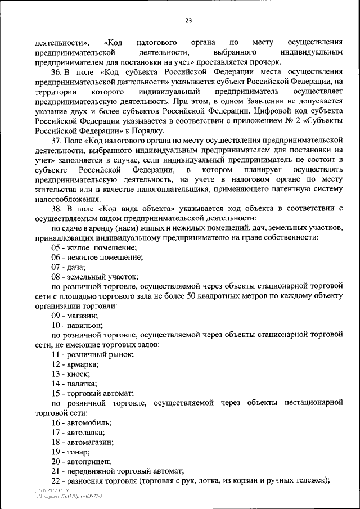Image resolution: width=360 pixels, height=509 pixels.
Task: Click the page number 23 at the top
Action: [x=188, y=21]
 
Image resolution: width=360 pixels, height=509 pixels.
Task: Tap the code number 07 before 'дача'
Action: [x=55, y=267]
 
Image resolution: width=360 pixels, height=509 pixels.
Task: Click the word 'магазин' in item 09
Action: [x=79, y=316]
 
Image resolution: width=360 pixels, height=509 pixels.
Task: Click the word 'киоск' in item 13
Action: [x=77, y=374]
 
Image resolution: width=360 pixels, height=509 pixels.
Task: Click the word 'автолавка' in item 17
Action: [x=85, y=432]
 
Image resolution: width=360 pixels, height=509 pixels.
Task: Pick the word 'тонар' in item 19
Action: [x=77, y=452]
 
